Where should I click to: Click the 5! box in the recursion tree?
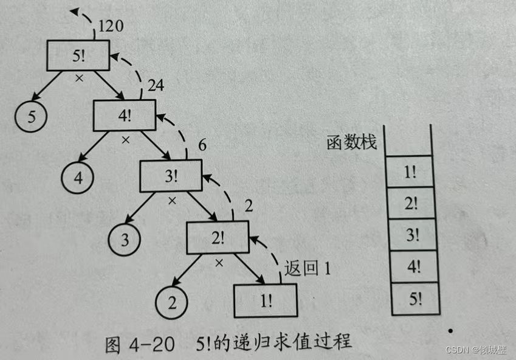pyautogui.click(x=78, y=56)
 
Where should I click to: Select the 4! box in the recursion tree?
pyautogui.click(x=125, y=115)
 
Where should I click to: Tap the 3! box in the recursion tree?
pyautogui.click(x=171, y=176)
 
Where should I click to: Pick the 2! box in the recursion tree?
pyautogui.click(x=217, y=237)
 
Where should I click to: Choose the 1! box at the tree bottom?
pyautogui.click(x=266, y=300)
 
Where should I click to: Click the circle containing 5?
pyautogui.click(x=32, y=117)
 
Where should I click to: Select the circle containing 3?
pyautogui.click(x=125, y=239)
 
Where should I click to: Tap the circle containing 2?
pyautogui.click(x=171, y=301)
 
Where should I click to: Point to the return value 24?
pyautogui.click(x=156, y=86)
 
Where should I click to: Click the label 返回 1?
pyautogui.click(x=308, y=268)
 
